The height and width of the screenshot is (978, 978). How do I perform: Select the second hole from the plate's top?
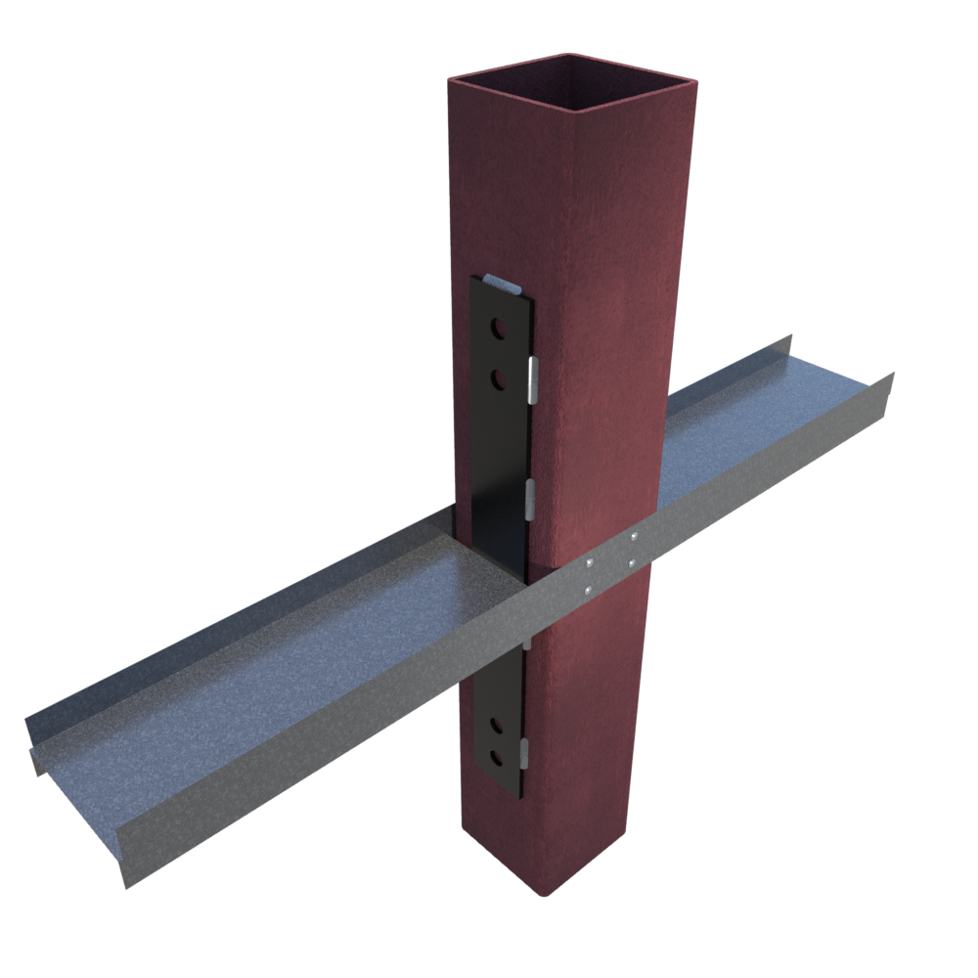(x=500, y=378)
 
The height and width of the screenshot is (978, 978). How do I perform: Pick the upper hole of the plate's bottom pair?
(x=498, y=726)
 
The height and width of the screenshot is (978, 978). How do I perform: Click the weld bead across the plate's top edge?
(x=501, y=285)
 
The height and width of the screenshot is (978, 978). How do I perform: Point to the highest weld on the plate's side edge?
(x=533, y=379)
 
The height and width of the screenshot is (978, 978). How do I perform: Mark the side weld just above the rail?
(x=530, y=499)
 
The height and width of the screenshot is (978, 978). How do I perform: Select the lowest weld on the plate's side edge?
(x=524, y=753)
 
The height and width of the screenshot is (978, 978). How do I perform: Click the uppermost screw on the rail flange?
(x=634, y=537)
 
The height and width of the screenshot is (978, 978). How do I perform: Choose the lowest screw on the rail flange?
(x=587, y=590)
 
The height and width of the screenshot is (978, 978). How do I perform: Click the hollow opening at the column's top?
(x=572, y=83)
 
